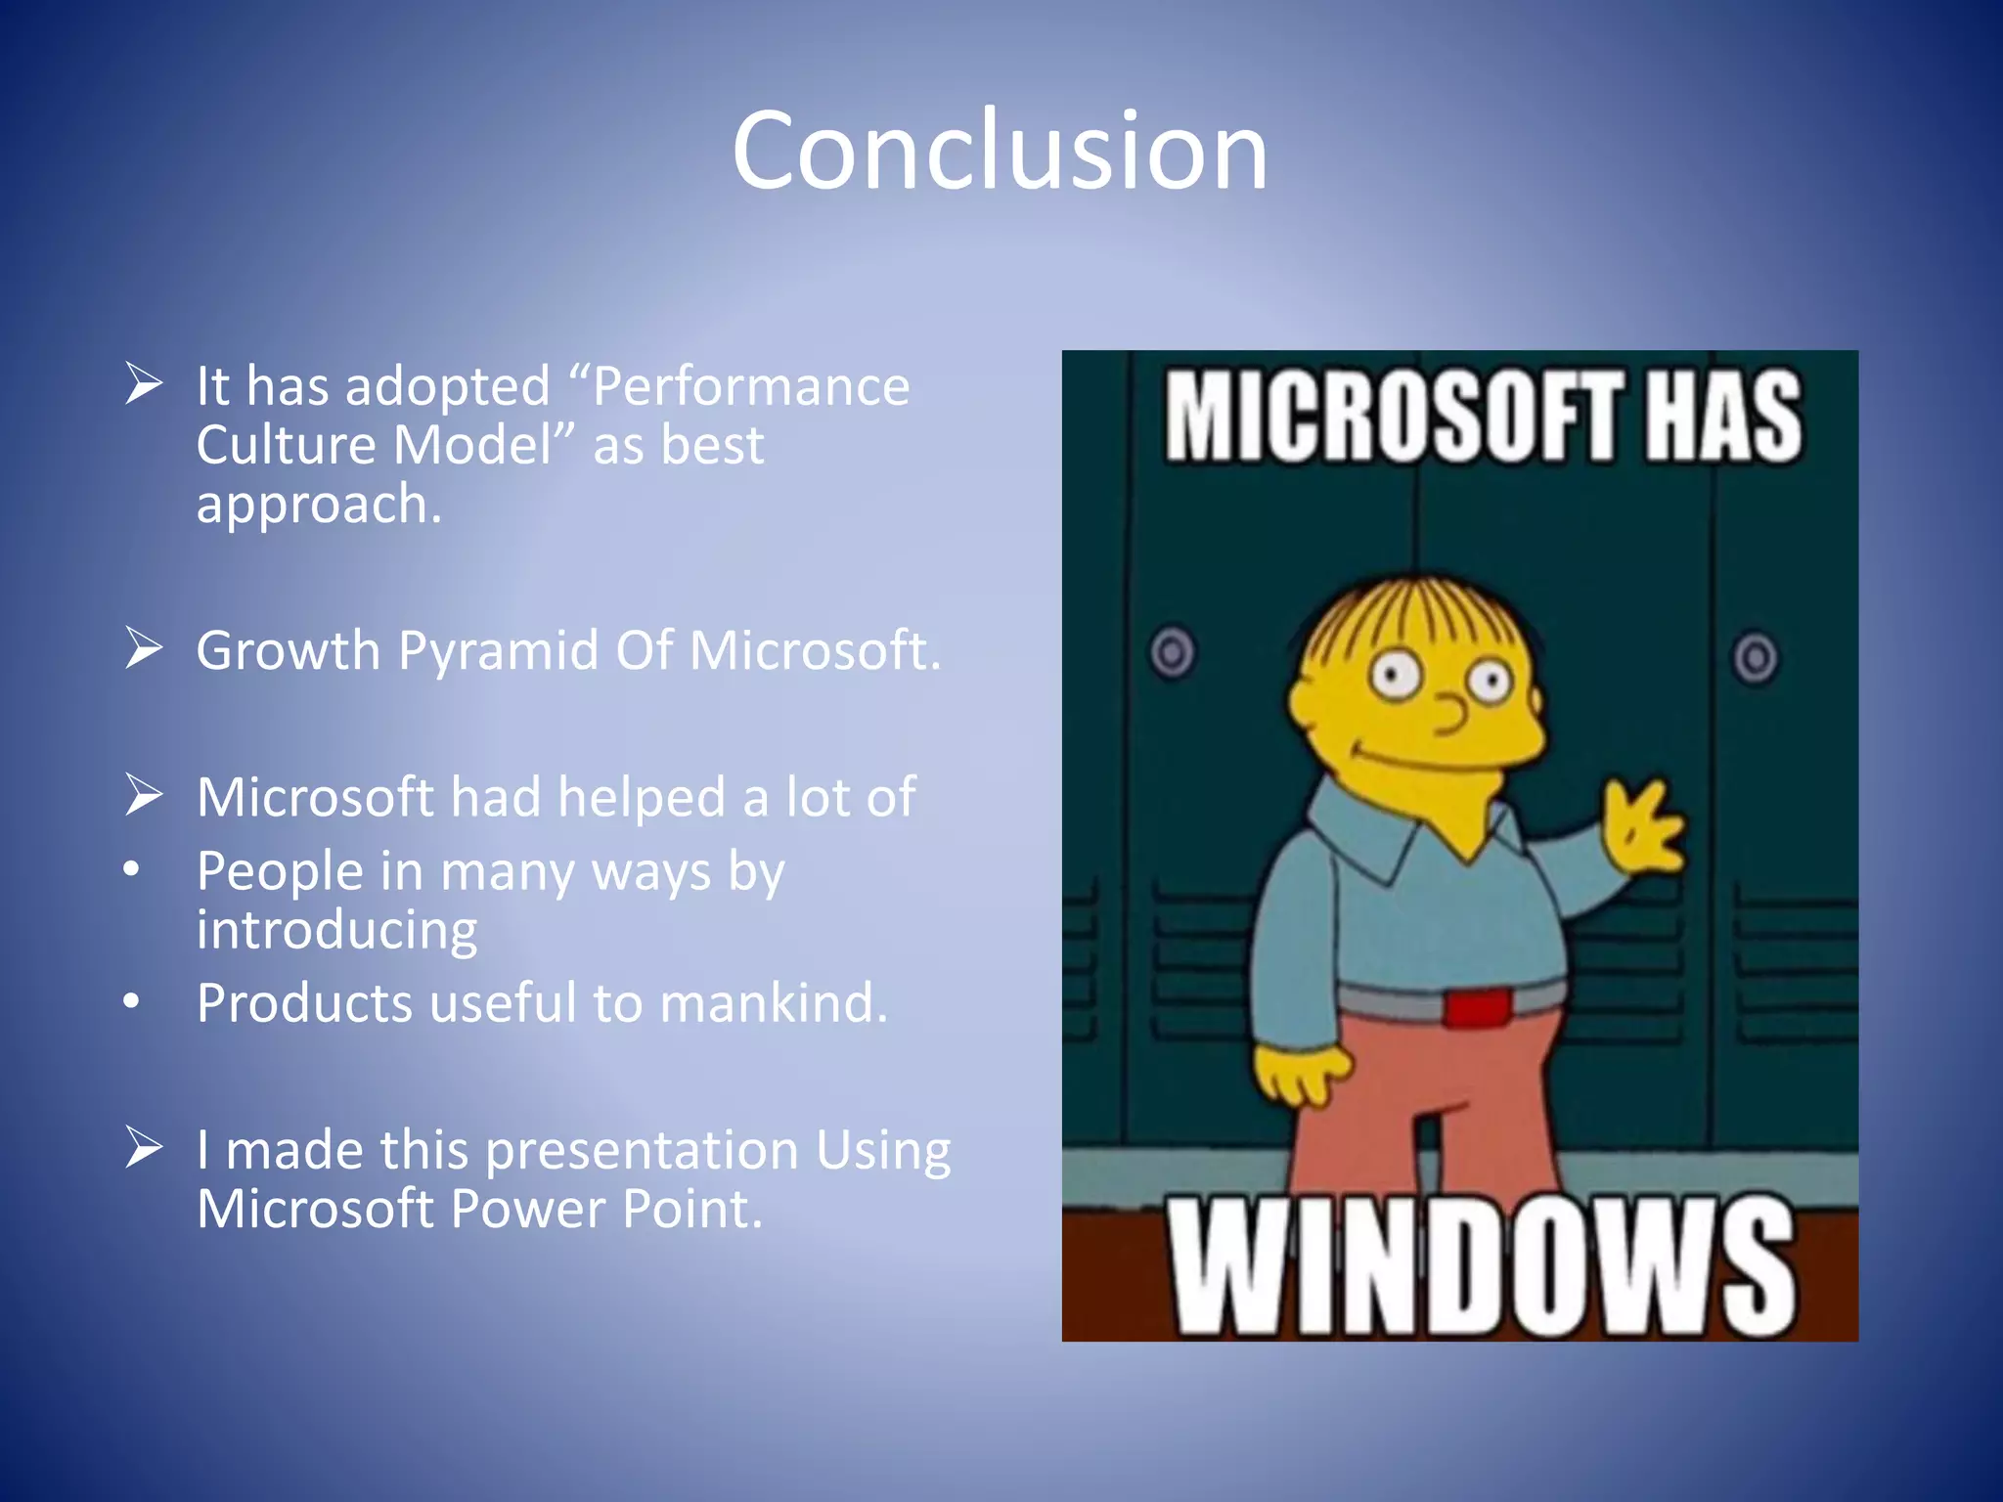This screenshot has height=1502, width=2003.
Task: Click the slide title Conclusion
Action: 1000,151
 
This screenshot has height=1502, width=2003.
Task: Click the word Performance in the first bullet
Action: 751,387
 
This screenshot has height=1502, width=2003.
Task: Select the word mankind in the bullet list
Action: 773,1003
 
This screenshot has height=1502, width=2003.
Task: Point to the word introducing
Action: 336,930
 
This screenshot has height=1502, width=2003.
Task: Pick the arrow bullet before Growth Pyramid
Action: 144,648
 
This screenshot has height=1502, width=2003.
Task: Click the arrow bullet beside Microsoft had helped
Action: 144,795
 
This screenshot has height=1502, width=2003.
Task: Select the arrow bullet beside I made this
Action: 144,1147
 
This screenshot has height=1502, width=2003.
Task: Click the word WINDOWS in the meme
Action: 1482,1267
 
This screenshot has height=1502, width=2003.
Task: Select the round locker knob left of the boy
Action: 1173,652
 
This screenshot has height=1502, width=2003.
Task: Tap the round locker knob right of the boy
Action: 1756,657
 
